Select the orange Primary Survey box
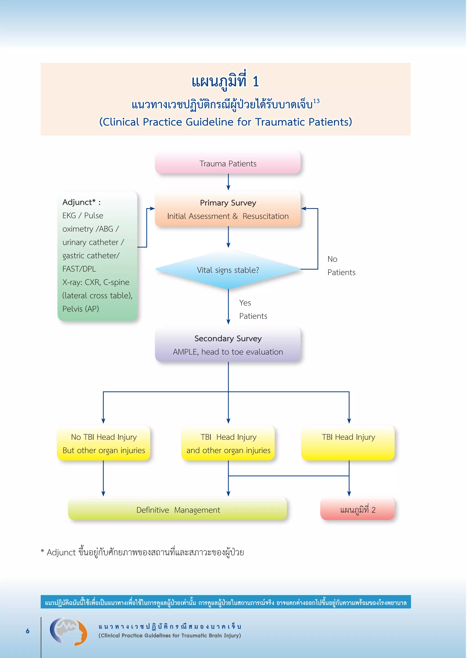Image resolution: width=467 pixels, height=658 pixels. [x=228, y=209]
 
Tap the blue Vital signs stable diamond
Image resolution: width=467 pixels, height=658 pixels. [x=228, y=270]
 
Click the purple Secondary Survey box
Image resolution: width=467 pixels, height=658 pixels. [x=228, y=345]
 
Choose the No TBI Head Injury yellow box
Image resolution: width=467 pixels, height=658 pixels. [x=104, y=443]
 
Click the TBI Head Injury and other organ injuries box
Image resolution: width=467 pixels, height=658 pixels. [x=228, y=443]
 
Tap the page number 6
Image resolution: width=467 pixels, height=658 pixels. [x=28, y=631]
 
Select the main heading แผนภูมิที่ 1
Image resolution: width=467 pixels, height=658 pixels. [x=226, y=81]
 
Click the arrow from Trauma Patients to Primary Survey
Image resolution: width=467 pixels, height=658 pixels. [x=228, y=182]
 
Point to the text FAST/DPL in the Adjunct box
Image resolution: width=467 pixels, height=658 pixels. [x=79, y=269]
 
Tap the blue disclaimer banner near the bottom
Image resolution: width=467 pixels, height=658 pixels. [x=226, y=602]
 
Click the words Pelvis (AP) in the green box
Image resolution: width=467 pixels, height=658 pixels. [x=80, y=309]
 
